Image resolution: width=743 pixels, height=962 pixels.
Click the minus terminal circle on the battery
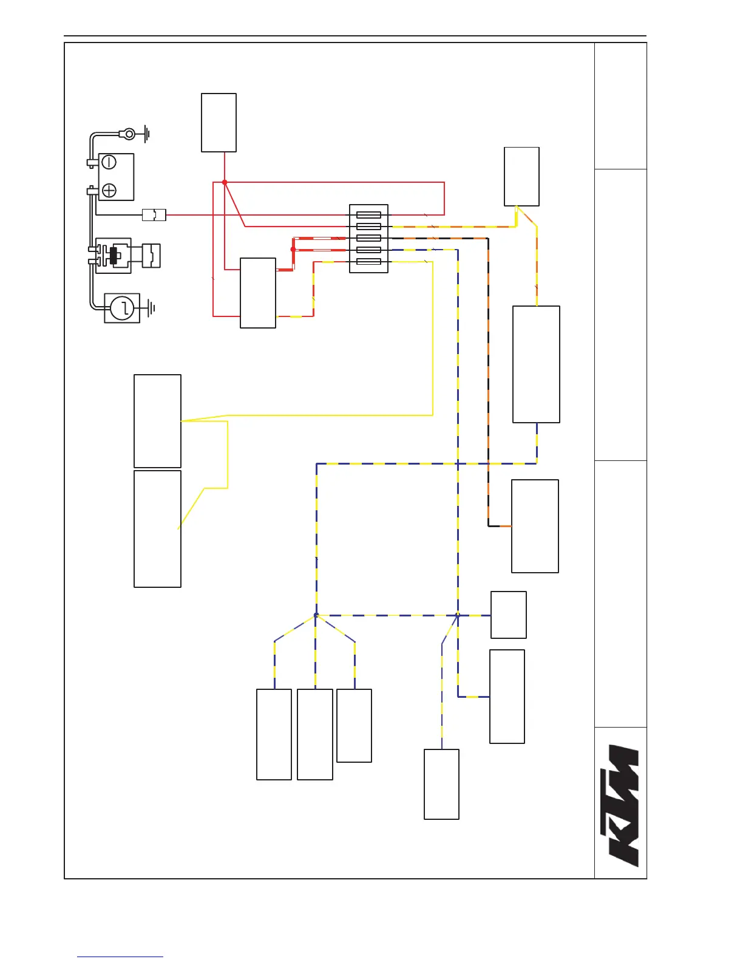point(109,162)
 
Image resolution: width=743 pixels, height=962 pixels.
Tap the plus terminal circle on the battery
point(109,191)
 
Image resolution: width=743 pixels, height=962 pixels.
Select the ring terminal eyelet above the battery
point(129,134)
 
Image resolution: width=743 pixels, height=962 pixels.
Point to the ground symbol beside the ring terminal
point(146,134)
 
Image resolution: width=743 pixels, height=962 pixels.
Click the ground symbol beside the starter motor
point(151,309)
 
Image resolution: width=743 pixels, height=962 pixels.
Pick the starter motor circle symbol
point(123,309)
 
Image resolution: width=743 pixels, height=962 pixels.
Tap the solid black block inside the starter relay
point(113,256)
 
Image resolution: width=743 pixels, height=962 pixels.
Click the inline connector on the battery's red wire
point(154,214)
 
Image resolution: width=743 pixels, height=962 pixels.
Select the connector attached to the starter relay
point(151,256)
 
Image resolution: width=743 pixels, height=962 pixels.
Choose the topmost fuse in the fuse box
point(368,214)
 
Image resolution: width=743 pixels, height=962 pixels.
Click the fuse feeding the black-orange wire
point(368,238)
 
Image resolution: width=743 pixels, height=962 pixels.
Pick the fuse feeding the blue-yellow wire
point(368,250)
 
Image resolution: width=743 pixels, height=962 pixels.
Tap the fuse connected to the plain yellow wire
point(368,262)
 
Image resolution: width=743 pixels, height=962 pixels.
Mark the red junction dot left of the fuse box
point(293,249)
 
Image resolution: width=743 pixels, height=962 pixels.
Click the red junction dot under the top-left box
point(225,182)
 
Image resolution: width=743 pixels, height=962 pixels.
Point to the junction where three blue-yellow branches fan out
point(316,615)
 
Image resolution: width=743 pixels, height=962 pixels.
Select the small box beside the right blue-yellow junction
point(508,615)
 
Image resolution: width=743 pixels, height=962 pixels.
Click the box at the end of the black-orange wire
point(535,526)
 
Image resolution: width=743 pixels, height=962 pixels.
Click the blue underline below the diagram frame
point(120,957)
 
